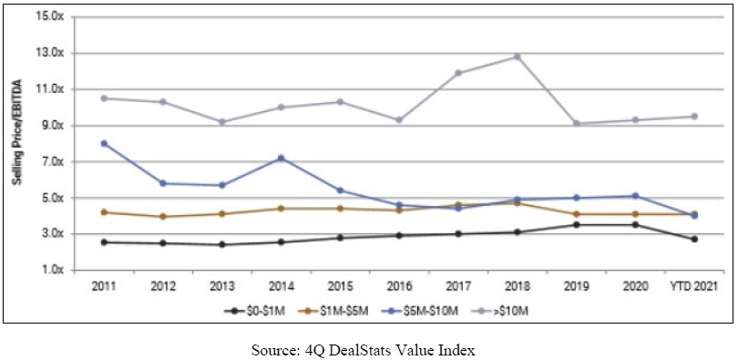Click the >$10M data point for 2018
coord(517,57)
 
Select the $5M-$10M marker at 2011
coord(104,143)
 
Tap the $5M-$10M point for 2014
coord(281,158)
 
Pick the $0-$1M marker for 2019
coord(576,224)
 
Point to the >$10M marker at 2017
coord(458,73)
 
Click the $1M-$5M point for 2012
coord(163,217)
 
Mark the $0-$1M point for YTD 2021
coord(694,239)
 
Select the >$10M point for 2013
coord(222,122)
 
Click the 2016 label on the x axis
coord(399,286)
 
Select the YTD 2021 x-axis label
coord(693,286)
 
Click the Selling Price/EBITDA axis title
coord(16,143)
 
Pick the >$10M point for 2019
coord(576,124)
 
